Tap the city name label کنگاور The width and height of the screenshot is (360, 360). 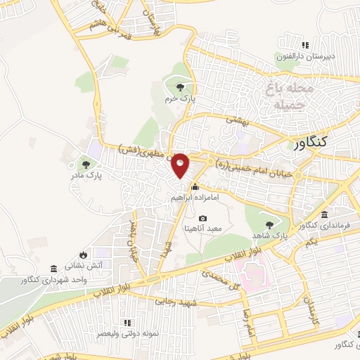tap(312, 143)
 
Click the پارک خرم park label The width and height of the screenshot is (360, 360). tap(179, 100)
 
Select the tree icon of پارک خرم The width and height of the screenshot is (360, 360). tap(181, 88)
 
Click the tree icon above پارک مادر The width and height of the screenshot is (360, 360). tap(86, 165)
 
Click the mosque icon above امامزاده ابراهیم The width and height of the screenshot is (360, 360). tap(195, 187)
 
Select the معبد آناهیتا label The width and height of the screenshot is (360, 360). tap(203, 229)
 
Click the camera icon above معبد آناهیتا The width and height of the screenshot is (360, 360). tap(203, 218)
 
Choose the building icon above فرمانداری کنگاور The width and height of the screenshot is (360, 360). tap(323, 214)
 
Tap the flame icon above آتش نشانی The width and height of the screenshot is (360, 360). tap(84, 254)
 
